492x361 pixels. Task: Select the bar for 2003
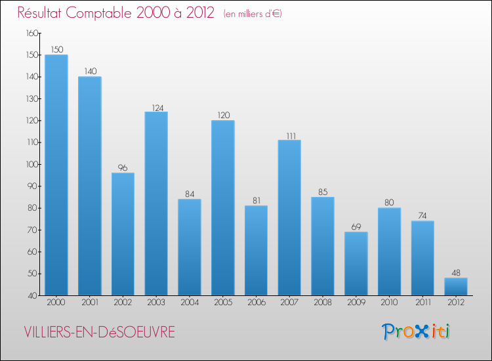tap(156, 203)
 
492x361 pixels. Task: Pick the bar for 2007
tap(289, 217)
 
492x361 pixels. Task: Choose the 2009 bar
tap(356, 263)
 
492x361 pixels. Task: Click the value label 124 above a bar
tap(156, 107)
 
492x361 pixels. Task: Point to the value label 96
tap(123, 168)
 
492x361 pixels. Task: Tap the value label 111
tap(289, 135)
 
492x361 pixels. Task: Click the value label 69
tap(356, 227)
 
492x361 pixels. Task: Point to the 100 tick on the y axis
tap(32, 164)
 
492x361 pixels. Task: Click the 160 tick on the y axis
tap(32, 33)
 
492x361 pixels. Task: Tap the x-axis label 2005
tap(223, 303)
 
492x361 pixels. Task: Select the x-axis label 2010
tap(389, 303)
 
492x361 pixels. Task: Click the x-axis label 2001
tap(90, 303)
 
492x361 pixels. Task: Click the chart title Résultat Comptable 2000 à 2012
tap(116, 13)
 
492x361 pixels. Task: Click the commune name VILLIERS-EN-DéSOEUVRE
tap(96, 332)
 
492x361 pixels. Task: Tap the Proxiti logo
tap(416, 331)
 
